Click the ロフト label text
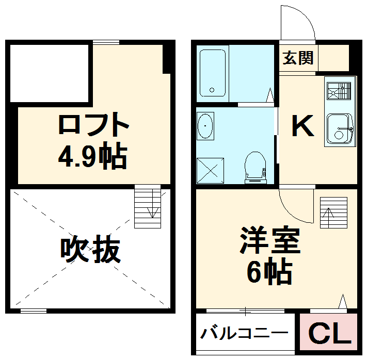click(x=93, y=124)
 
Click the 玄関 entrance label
click(x=298, y=58)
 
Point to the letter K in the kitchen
click(x=302, y=126)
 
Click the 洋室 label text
click(x=269, y=242)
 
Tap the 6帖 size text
click(x=269, y=272)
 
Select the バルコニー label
click(x=245, y=333)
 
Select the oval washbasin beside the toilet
click(x=205, y=126)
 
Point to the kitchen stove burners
click(x=341, y=91)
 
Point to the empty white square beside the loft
click(x=50, y=73)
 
